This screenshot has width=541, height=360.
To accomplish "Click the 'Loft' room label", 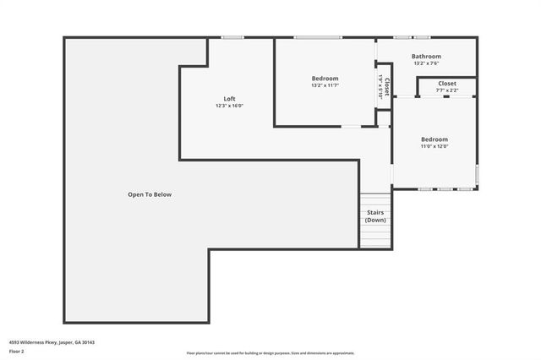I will (229, 98).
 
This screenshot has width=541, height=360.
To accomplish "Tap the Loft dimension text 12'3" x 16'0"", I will (229, 106).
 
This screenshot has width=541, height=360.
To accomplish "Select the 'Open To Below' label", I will (150, 194).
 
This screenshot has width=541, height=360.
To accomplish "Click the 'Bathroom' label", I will (426, 57).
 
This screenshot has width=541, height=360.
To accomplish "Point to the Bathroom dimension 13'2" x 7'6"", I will (426, 63).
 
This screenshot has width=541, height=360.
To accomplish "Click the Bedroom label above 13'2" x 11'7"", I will (325, 79).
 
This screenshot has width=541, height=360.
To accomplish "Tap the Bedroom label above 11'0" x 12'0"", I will (434, 139).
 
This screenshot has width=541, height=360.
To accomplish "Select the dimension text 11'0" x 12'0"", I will (434, 146).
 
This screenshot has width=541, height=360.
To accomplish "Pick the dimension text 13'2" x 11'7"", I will (325, 85).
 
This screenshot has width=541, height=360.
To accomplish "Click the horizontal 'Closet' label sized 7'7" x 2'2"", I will (447, 84).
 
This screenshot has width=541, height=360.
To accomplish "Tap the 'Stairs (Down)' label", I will (375, 216).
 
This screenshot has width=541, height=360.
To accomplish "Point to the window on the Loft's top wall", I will (232, 37).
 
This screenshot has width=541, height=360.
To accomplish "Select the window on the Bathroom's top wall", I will (412, 37).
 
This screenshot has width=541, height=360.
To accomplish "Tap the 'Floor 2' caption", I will (16, 350).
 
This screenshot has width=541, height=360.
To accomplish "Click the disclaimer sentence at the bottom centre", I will (270, 353).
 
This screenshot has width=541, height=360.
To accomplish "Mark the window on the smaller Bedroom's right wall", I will (478, 175).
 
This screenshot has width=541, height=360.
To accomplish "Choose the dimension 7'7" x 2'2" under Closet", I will (447, 90).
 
